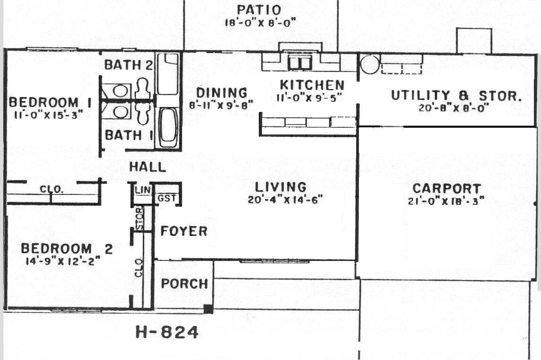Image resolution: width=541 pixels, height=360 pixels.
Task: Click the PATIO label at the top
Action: (x=259, y=10)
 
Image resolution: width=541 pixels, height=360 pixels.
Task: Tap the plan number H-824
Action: (x=167, y=332)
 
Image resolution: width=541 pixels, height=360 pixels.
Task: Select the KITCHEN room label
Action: (x=312, y=85)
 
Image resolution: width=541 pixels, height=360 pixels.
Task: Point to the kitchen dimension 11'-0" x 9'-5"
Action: (x=309, y=98)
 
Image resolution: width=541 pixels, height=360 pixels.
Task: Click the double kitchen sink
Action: (x=300, y=62)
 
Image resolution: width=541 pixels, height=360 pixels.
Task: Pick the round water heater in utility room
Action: (x=370, y=64)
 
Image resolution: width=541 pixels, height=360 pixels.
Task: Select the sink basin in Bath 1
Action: (x=120, y=112)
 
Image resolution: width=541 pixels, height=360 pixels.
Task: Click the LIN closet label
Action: (x=143, y=190)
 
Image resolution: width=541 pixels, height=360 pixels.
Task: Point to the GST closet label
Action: (x=167, y=198)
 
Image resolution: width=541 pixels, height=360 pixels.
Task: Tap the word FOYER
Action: (x=184, y=231)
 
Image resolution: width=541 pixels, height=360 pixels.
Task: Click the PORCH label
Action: (x=184, y=283)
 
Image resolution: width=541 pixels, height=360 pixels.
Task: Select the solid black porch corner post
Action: (x=208, y=309)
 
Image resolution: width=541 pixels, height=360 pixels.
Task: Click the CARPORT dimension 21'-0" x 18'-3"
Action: (x=446, y=201)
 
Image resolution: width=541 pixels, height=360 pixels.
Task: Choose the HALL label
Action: (x=147, y=167)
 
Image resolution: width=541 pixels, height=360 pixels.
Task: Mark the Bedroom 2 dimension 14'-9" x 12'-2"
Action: (x=63, y=261)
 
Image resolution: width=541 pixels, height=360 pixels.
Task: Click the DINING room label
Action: (x=222, y=93)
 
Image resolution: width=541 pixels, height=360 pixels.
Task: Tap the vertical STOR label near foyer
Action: (x=140, y=218)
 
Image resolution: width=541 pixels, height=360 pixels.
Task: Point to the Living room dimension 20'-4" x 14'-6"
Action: (x=285, y=200)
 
